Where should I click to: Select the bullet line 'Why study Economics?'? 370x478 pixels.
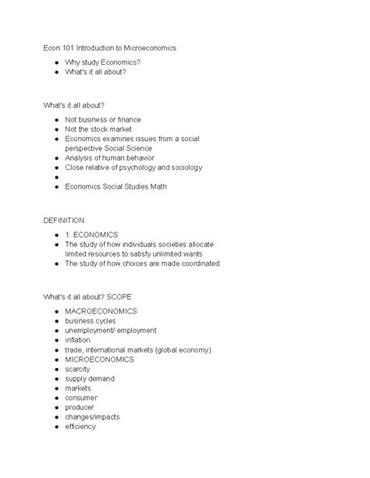[x=103, y=61]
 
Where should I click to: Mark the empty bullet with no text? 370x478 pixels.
[x=57, y=177]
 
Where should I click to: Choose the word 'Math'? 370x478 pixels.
[x=157, y=186]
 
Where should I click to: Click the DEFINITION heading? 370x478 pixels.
[x=64, y=221]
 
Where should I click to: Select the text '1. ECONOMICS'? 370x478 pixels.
[x=91, y=234]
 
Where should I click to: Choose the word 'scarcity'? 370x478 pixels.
[x=80, y=369]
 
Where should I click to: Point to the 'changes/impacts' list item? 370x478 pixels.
[x=92, y=416]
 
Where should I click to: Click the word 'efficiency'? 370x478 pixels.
[x=81, y=427]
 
